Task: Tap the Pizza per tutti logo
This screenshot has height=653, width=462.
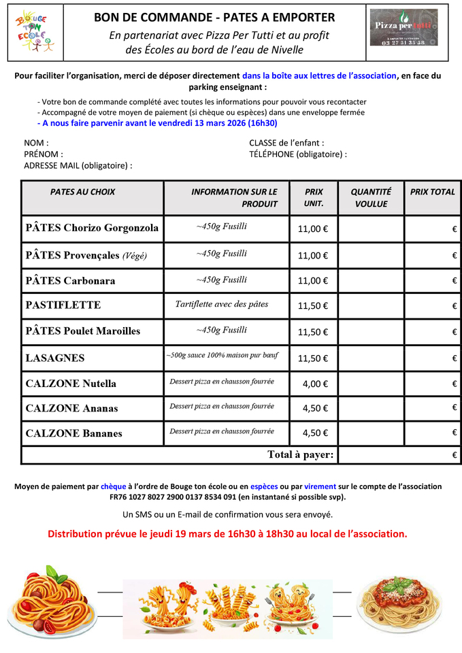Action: pyautogui.click(x=403, y=27)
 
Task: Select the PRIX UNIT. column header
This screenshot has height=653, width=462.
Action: pyautogui.click(x=314, y=197)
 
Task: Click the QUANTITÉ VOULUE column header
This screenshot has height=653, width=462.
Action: pyautogui.click(x=371, y=197)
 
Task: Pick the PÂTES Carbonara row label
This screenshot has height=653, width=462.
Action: pyautogui.click(x=70, y=280)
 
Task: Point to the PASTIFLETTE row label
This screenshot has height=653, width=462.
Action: pyautogui.click(x=63, y=305)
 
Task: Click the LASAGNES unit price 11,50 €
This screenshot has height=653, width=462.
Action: pyautogui.click(x=313, y=358)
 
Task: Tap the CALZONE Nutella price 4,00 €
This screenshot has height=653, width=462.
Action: pyautogui.click(x=315, y=383)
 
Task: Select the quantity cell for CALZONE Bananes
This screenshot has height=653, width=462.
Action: pyautogui.click(x=371, y=433)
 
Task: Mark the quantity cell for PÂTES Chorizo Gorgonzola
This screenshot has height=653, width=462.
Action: pyautogui.click(x=371, y=229)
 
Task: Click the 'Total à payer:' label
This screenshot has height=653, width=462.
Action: pyautogui.click(x=300, y=454)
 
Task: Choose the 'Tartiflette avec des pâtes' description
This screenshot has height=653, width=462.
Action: pyautogui.click(x=222, y=304)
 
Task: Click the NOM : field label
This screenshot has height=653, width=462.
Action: pyautogui.click(x=36, y=143)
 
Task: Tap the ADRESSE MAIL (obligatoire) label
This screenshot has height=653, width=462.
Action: pyautogui.click(x=78, y=165)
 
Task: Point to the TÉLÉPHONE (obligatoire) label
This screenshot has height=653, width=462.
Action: pyautogui.click(x=298, y=154)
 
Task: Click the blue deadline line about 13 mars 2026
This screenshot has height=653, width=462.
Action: pyautogui.click(x=157, y=123)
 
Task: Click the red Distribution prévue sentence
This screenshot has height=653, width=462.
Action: pyautogui.click(x=227, y=534)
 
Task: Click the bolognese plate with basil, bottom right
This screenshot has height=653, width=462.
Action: pyautogui.click(x=399, y=596)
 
